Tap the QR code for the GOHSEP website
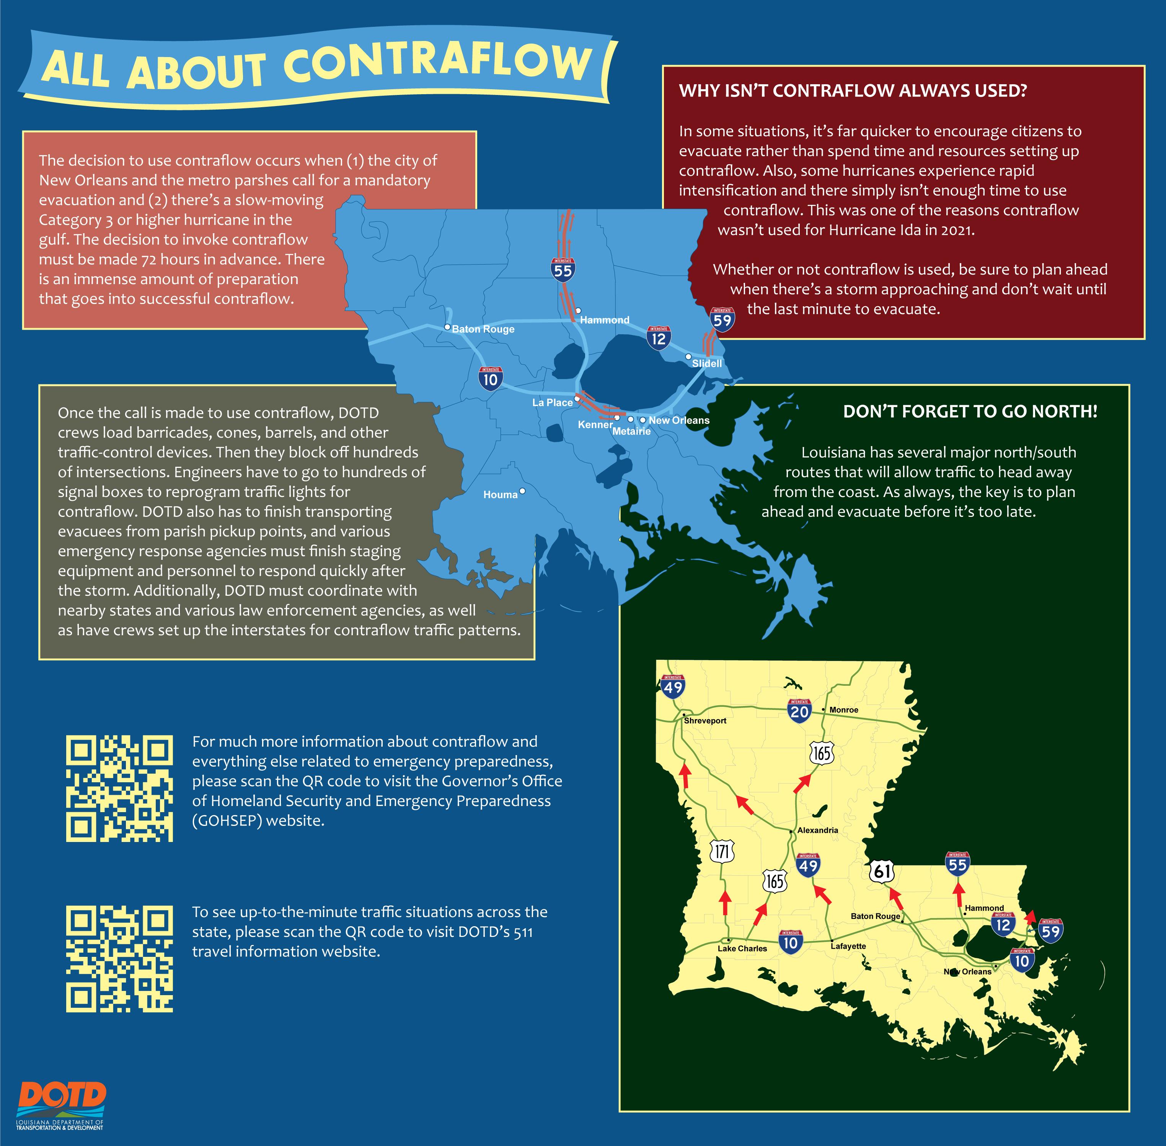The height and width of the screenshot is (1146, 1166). coord(119,788)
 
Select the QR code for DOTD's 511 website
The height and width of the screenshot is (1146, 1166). coord(119,959)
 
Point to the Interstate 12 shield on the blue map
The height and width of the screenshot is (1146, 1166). coord(659,338)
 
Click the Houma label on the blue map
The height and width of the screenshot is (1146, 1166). coord(500,495)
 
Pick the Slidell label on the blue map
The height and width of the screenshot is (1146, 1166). coord(706,363)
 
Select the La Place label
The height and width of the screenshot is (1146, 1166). coord(552,403)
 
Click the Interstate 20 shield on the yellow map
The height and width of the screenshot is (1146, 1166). coord(799,711)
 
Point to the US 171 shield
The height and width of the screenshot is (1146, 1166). coord(722,851)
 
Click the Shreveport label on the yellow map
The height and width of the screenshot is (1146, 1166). coord(705,721)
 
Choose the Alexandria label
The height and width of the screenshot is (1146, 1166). coord(818,830)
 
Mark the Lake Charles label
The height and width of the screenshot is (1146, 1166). coord(742,948)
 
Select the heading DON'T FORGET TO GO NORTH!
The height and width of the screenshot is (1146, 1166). coord(970,412)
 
